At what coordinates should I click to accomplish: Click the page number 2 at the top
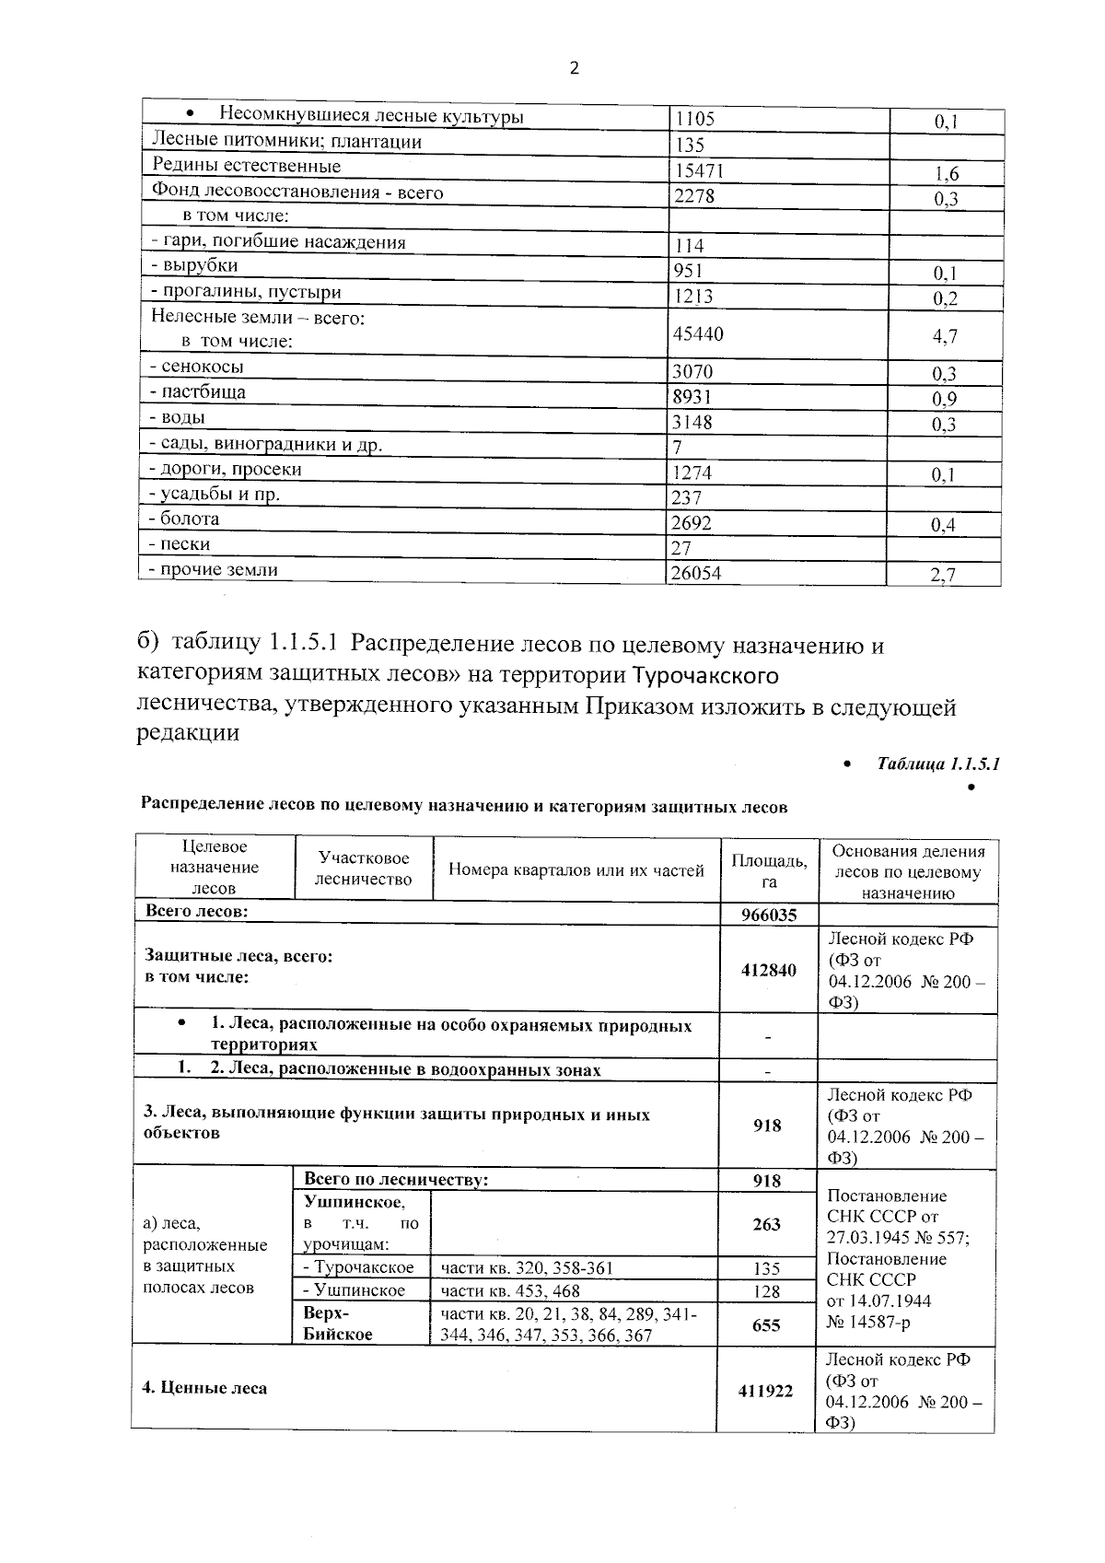coord(575,68)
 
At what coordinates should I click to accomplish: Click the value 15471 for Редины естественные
coord(699,171)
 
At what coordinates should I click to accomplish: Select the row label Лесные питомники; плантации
coord(286,142)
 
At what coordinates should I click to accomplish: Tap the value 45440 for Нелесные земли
coord(698,334)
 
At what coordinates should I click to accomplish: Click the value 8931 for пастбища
coord(693,397)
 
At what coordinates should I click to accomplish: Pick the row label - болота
coord(185,519)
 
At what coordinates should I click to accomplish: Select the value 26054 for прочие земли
coord(697,574)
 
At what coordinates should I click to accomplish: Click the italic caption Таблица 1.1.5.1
coord(938,764)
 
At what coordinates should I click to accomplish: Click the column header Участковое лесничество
coord(363,869)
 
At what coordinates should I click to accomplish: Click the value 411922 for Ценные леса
coord(765,1391)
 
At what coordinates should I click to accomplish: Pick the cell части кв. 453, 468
coord(511,1291)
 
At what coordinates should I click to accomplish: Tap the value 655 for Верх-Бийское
coord(766,1325)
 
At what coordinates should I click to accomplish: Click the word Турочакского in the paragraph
coord(706,677)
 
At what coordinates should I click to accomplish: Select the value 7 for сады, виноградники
coord(678,448)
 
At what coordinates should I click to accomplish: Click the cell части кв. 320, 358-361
coord(527,1268)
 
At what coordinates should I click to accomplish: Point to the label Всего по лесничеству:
coord(396,1180)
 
